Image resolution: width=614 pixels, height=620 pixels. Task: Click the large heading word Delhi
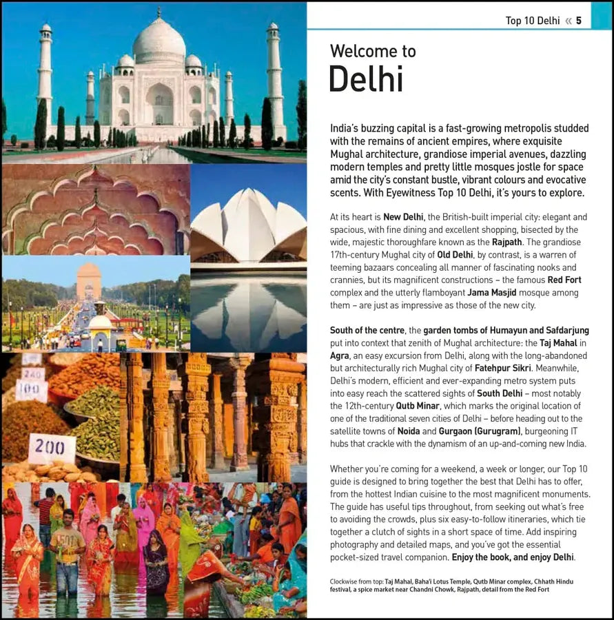coord(366,79)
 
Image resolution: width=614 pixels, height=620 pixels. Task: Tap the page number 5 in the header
coord(579,21)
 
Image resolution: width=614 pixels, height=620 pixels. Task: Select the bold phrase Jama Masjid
coord(491,293)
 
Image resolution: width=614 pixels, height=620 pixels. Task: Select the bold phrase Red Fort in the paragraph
coord(564,280)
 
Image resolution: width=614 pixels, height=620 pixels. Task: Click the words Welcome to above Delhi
coord(373,51)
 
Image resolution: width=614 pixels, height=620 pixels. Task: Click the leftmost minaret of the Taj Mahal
coord(45,76)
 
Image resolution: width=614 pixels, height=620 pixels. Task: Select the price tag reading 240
coord(32,374)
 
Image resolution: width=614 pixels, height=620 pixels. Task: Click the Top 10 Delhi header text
coord(532,21)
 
